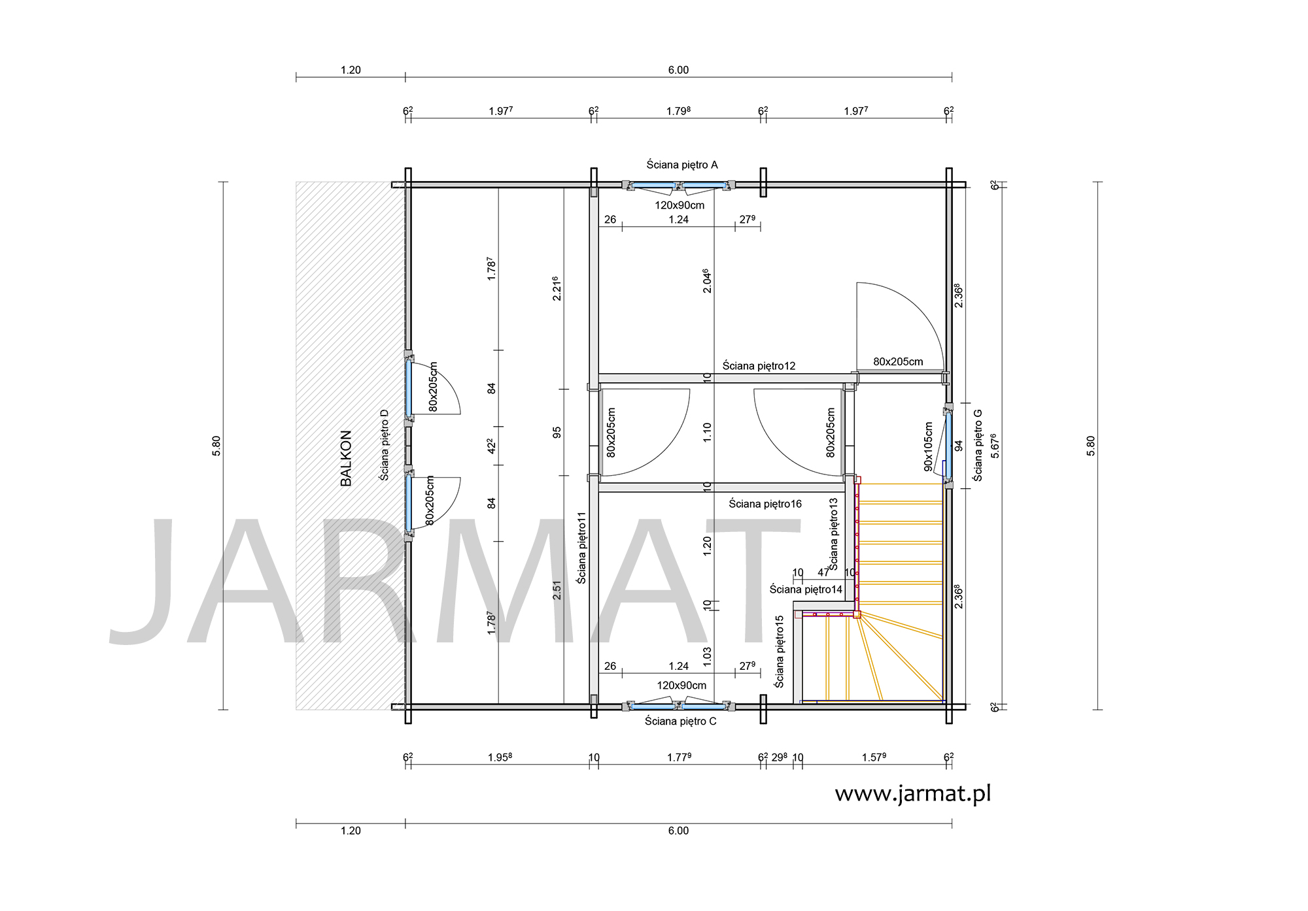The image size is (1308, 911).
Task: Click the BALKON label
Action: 346,458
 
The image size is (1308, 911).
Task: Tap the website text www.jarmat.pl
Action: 913,793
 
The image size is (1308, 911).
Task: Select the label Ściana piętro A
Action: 682,165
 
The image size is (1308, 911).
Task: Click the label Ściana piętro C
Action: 681,721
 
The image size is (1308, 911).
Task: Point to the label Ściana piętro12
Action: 759,366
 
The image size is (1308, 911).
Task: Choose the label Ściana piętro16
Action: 765,504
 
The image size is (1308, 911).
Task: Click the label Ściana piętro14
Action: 806,589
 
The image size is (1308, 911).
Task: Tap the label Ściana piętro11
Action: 581,548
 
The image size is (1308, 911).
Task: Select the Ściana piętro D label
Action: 384,445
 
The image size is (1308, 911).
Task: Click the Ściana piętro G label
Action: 978,445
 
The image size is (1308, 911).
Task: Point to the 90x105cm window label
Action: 929,446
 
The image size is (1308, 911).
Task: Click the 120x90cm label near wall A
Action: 680,205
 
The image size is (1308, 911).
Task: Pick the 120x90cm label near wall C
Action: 681,686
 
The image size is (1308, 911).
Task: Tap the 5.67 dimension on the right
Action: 995,445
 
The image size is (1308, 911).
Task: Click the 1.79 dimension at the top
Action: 678,111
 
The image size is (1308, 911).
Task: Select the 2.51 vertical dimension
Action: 557,590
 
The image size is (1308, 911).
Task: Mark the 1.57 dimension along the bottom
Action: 874,757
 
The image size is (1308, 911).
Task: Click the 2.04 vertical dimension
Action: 706,280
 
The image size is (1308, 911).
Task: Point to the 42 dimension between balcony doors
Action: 491,446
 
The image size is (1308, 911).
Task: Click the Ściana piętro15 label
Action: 779,652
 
